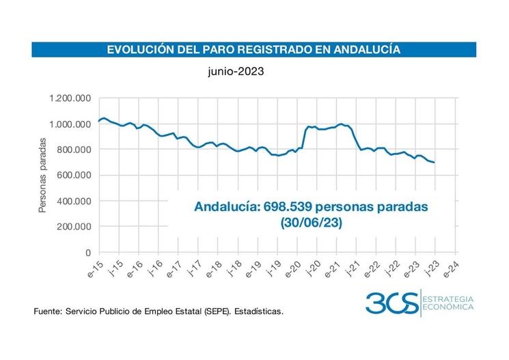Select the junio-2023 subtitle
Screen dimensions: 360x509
tap(236, 70)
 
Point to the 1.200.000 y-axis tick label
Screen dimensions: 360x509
tap(70, 98)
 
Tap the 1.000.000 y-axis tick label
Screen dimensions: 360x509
tap(70, 124)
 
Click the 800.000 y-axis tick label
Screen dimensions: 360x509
tap(74, 150)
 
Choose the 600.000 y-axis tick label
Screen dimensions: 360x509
tap(74, 175)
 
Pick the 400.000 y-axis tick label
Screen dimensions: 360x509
tap(74, 201)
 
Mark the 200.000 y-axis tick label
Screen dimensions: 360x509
tap(74, 226)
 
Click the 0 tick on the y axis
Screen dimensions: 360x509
tap(88, 252)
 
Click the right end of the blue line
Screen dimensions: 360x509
tap(435, 162)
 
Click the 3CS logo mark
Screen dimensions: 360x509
tap(391, 302)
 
